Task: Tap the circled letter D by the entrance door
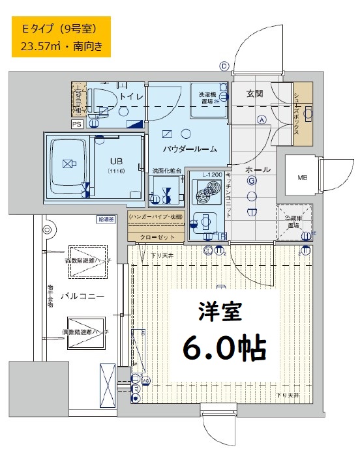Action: pyautogui.click(x=224, y=66)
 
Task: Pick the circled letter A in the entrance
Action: pyautogui.click(x=261, y=119)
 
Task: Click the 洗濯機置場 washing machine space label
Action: pyautogui.click(x=209, y=96)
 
